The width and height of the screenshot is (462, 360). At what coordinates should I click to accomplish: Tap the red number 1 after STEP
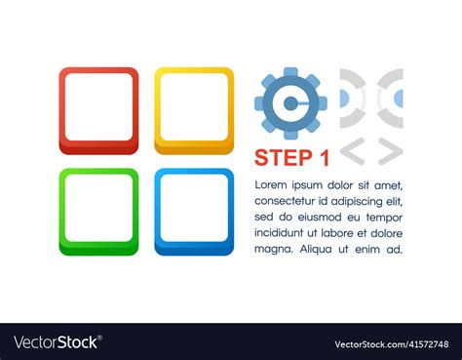click(325, 157)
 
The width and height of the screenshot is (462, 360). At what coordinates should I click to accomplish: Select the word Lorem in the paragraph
click(272, 185)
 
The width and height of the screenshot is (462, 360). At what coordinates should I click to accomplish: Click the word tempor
click(383, 218)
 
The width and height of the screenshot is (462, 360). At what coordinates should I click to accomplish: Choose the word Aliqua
click(316, 249)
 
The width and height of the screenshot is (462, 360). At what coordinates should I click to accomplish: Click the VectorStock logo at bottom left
click(57, 342)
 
